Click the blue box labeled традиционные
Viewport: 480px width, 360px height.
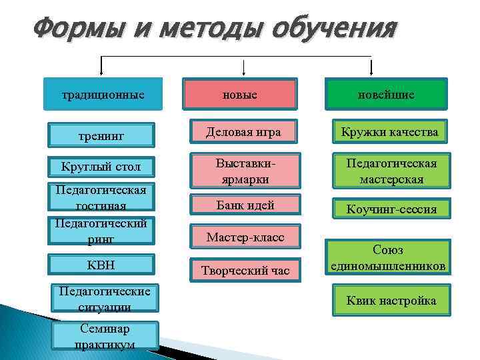(103, 94)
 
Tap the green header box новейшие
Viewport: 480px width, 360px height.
(386, 94)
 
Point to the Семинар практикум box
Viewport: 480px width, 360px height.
(107, 336)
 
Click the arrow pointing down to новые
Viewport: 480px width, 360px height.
(244, 67)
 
